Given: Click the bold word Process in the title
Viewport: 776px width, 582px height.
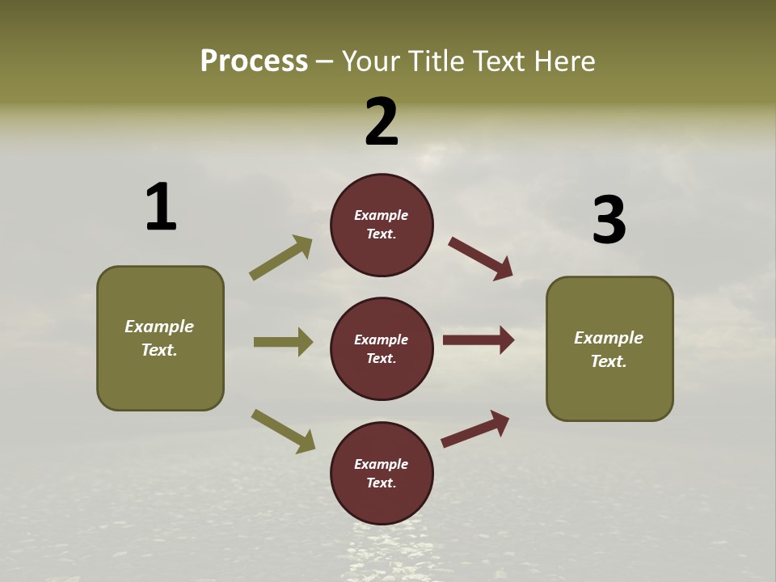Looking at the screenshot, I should (254, 61).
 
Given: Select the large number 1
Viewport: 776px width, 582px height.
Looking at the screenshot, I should (161, 207).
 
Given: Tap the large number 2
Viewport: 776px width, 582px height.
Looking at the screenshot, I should (382, 122).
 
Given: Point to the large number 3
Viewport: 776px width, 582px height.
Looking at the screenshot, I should (609, 221).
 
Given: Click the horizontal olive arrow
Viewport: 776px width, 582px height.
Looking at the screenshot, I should (283, 342).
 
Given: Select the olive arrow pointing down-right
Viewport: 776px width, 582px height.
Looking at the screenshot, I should (283, 431).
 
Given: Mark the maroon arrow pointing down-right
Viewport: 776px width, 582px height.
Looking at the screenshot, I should (481, 259).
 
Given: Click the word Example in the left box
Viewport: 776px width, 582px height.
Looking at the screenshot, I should (159, 327).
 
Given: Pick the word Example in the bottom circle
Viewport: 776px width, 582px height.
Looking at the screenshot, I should (381, 464).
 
